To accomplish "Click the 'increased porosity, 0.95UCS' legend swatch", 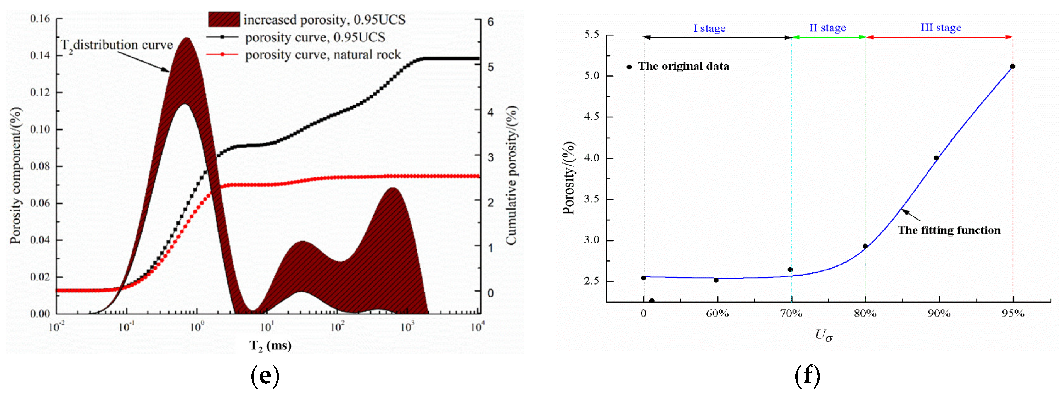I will click(224, 20).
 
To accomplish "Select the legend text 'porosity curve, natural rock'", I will click(323, 55).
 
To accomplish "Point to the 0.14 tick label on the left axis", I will click(40, 55).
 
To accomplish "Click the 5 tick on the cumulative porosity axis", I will click(490, 67).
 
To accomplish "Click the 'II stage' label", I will click(827, 28).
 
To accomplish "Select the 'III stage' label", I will click(941, 28).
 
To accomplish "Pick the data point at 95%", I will click(1012, 67).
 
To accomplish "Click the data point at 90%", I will click(936, 158).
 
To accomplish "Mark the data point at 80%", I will click(865, 246).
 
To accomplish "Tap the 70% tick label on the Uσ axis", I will click(791, 314).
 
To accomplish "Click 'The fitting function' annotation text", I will click(949, 230).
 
